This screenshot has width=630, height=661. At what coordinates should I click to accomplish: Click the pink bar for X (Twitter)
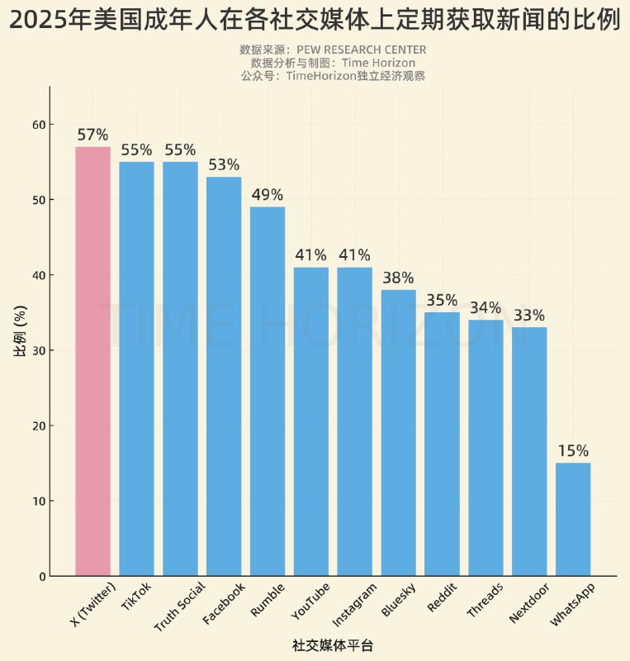(92, 361)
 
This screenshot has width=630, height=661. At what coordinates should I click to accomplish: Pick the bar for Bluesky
(399, 433)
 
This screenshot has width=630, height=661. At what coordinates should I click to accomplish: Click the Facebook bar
(224, 376)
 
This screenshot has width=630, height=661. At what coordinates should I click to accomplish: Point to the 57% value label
(92, 135)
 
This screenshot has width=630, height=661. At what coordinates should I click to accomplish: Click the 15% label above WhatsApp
(573, 451)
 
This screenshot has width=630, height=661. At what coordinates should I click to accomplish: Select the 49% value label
(268, 195)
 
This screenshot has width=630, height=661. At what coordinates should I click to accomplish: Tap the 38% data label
(399, 278)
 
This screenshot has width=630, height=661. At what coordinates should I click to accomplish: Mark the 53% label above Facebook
(224, 165)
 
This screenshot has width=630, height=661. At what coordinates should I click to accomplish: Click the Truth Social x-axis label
(180, 607)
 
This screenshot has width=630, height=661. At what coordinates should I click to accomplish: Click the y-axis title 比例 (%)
(21, 330)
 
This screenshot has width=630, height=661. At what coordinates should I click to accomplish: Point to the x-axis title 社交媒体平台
(333, 644)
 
